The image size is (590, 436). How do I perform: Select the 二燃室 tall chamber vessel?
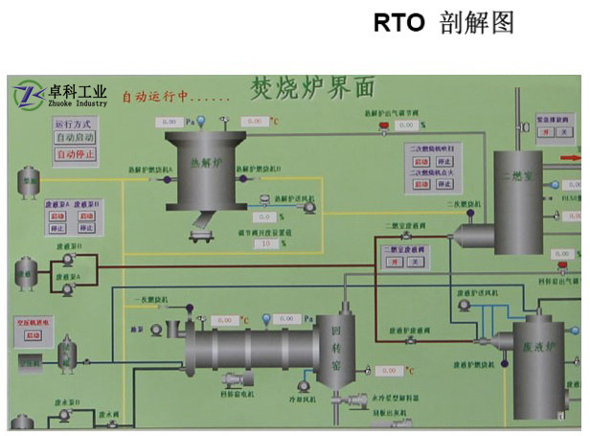(x=518, y=201)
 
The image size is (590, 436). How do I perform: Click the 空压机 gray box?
(x=29, y=363)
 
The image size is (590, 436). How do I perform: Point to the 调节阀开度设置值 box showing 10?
(x=263, y=243)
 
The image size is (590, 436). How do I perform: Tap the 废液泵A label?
(x=55, y=203)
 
